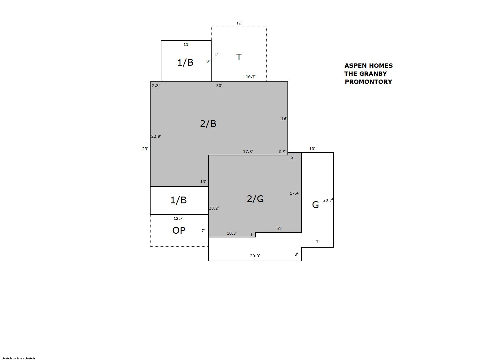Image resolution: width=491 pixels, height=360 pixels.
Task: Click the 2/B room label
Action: click(x=208, y=124)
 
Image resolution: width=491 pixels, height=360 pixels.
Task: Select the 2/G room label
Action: click(x=255, y=199)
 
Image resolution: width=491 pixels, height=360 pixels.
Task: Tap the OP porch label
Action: click(x=179, y=230)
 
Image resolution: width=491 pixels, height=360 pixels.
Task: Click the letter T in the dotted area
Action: click(x=239, y=57)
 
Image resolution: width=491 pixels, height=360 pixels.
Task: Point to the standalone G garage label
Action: click(x=315, y=205)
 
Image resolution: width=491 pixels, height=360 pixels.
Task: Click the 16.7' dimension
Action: click(x=251, y=77)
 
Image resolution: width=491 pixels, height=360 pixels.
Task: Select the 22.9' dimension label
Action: click(x=156, y=136)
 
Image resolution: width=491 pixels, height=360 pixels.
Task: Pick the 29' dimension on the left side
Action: click(x=145, y=149)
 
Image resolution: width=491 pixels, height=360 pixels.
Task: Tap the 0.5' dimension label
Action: click(x=283, y=152)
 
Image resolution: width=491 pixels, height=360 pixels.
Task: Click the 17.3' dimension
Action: click(x=248, y=151)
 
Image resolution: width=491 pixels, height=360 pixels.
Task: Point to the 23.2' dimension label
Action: click(x=214, y=208)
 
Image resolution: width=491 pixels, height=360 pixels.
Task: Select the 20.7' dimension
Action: click(x=328, y=200)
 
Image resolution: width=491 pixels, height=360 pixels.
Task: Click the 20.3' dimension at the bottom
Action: click(x=255, y=256)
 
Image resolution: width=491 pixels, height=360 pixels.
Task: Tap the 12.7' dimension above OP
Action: click(x=178, y=218)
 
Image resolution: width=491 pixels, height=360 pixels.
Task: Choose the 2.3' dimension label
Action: click(x=156, y=85)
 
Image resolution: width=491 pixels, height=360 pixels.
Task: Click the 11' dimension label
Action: click(x=186, y=45)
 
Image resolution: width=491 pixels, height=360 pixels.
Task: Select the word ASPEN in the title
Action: click(x=355, y=66)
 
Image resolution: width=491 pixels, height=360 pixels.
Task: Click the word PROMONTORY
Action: click(x=368, y=82)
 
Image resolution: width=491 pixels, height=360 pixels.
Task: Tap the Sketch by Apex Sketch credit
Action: click(x=18, y=358)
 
